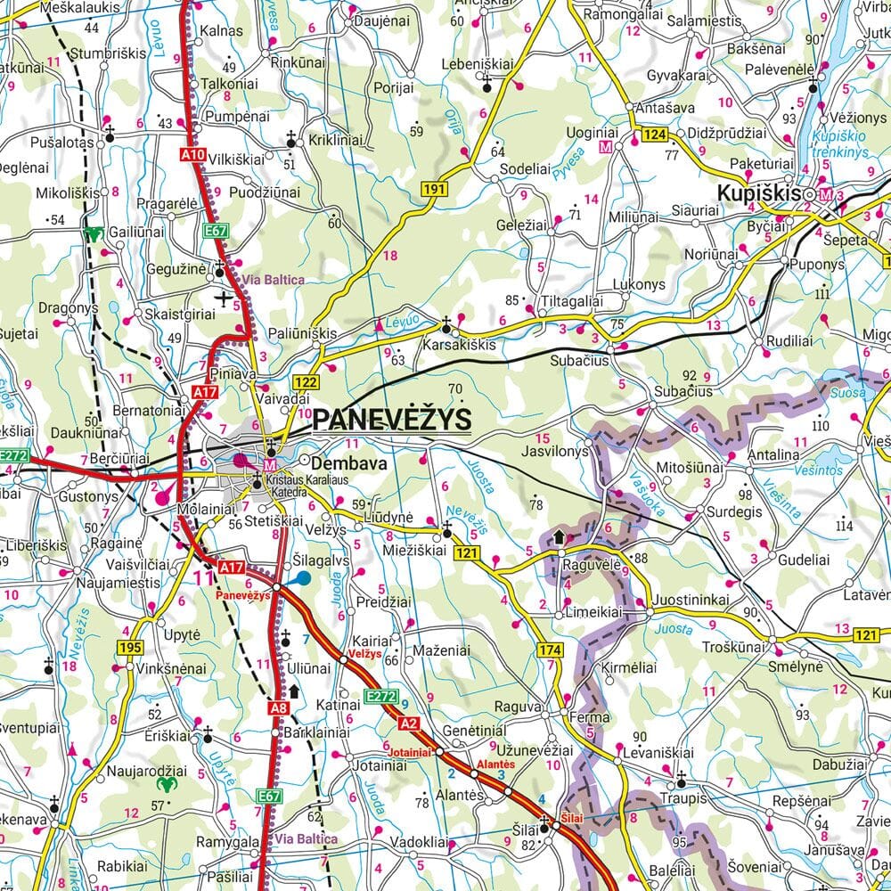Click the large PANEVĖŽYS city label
pos(393,419)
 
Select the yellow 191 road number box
pos(434,189)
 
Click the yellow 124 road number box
pos(654,135)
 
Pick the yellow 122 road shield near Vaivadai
pos(306,382)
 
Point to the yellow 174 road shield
pos(550,652)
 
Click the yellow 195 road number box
pos(130,646)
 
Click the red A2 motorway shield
pos(409,723)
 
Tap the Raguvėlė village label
pos(590,563)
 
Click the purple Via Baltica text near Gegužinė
pos(274,279)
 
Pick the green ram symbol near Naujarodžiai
pos(167,785)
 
